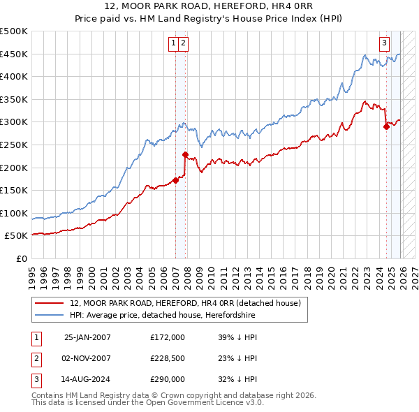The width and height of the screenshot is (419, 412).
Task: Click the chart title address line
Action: [x=209, y=6]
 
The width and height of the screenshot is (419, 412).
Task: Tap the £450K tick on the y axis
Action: [x=14, y=54]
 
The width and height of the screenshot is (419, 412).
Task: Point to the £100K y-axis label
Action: [x=14, y=213]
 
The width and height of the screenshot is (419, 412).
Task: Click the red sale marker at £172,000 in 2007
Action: [x=175, y=180]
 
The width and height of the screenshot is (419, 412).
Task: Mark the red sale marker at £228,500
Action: [x=185, y=154]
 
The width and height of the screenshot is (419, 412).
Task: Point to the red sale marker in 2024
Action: [x=386, y=126]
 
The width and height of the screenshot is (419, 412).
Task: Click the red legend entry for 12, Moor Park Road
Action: [x=185, y=303]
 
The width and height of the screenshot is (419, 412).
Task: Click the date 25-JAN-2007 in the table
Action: [x=87, y=337]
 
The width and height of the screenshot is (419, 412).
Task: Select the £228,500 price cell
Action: [x=168, y=358]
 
